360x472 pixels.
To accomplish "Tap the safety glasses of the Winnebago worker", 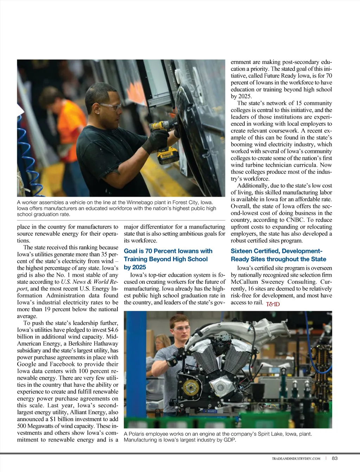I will pos(110,106).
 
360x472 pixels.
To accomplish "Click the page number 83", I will pos(335,458).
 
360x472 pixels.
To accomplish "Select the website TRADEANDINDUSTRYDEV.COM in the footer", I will pos(296,458).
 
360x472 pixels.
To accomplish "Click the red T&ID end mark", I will pos(273,304).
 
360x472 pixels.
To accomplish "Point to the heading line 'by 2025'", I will pos(135,267).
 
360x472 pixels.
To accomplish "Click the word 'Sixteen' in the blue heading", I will pos(242,251).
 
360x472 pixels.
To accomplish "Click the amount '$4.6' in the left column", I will pos(113,330).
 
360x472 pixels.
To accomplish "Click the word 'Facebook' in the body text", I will pos(63,364).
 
